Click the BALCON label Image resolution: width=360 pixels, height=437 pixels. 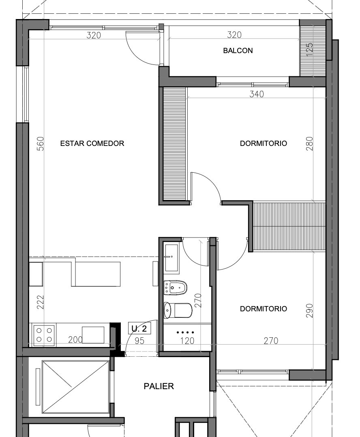point(238,51)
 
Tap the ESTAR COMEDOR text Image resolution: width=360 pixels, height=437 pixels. point(92,143)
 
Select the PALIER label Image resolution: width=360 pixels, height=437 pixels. point(159,386)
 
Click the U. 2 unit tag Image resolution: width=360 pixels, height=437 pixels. point(139,329)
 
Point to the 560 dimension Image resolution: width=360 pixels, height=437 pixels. point(41,144)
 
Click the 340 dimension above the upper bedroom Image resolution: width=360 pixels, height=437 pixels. point(256,94)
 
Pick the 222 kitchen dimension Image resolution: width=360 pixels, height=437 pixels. point(41,302)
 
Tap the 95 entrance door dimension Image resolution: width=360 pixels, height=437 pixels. point(139,341)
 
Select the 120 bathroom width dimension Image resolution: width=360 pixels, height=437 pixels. point(187,341)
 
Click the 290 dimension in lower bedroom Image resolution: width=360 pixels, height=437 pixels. point(310,311)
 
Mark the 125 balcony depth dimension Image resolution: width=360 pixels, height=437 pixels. point(310,49)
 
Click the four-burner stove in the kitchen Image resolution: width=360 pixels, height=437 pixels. point(44,335)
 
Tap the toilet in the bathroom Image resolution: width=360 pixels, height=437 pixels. point(178,310)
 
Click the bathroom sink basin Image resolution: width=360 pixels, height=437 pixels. point(171,258)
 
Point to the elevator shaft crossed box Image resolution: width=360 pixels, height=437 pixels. point(75,387)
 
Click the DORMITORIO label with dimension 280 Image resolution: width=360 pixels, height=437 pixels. point(264,143)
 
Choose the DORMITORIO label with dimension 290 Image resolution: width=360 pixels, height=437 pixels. point(264,309)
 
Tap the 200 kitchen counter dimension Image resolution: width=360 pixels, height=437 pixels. point(75,339)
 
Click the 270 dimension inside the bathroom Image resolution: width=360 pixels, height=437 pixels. point(198,300)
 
